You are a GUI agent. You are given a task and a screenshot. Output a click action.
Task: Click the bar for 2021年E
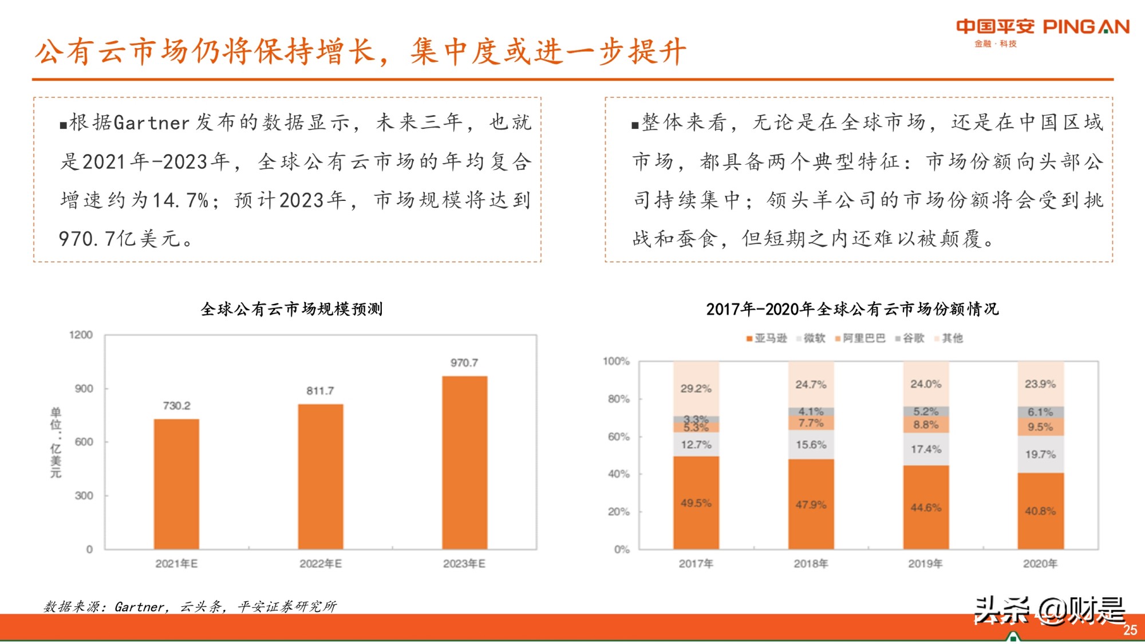(x=176, y=484)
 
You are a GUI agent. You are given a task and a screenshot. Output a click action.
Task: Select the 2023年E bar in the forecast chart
(x=464, y=463)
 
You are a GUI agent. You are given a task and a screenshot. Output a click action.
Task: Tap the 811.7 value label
(x=320, y=391)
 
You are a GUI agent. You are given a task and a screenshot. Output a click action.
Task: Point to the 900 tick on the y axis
(x=84, y=389)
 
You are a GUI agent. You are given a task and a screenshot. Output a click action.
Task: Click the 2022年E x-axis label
(x=321, y=564)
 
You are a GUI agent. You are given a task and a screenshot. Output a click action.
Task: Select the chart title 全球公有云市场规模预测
(x=291, y=309)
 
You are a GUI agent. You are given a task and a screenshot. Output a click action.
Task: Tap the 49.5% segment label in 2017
(x=696, y=503)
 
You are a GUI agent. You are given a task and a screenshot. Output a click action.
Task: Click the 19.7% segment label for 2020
(x=1040, y=455)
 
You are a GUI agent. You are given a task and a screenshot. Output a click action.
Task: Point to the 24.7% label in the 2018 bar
(x=811, y=385)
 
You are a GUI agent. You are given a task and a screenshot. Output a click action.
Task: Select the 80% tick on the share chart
(x=618, y=399)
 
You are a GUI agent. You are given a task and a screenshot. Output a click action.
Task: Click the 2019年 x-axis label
(x=925, y=564)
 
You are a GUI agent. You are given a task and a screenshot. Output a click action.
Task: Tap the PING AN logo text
(x=1086, y=27)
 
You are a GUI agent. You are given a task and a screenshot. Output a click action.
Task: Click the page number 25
(x=1130, y=630)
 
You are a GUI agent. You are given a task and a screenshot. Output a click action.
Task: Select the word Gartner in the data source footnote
(x=140, y=607)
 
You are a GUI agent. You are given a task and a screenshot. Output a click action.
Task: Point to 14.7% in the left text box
(x=181, y=200)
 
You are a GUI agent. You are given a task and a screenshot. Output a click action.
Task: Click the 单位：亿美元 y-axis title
(x=56, y=442)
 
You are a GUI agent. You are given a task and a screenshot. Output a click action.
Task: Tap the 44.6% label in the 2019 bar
(x=926, y=508)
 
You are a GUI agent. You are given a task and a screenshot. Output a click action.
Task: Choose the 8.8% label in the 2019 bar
(x=926, y=425)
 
